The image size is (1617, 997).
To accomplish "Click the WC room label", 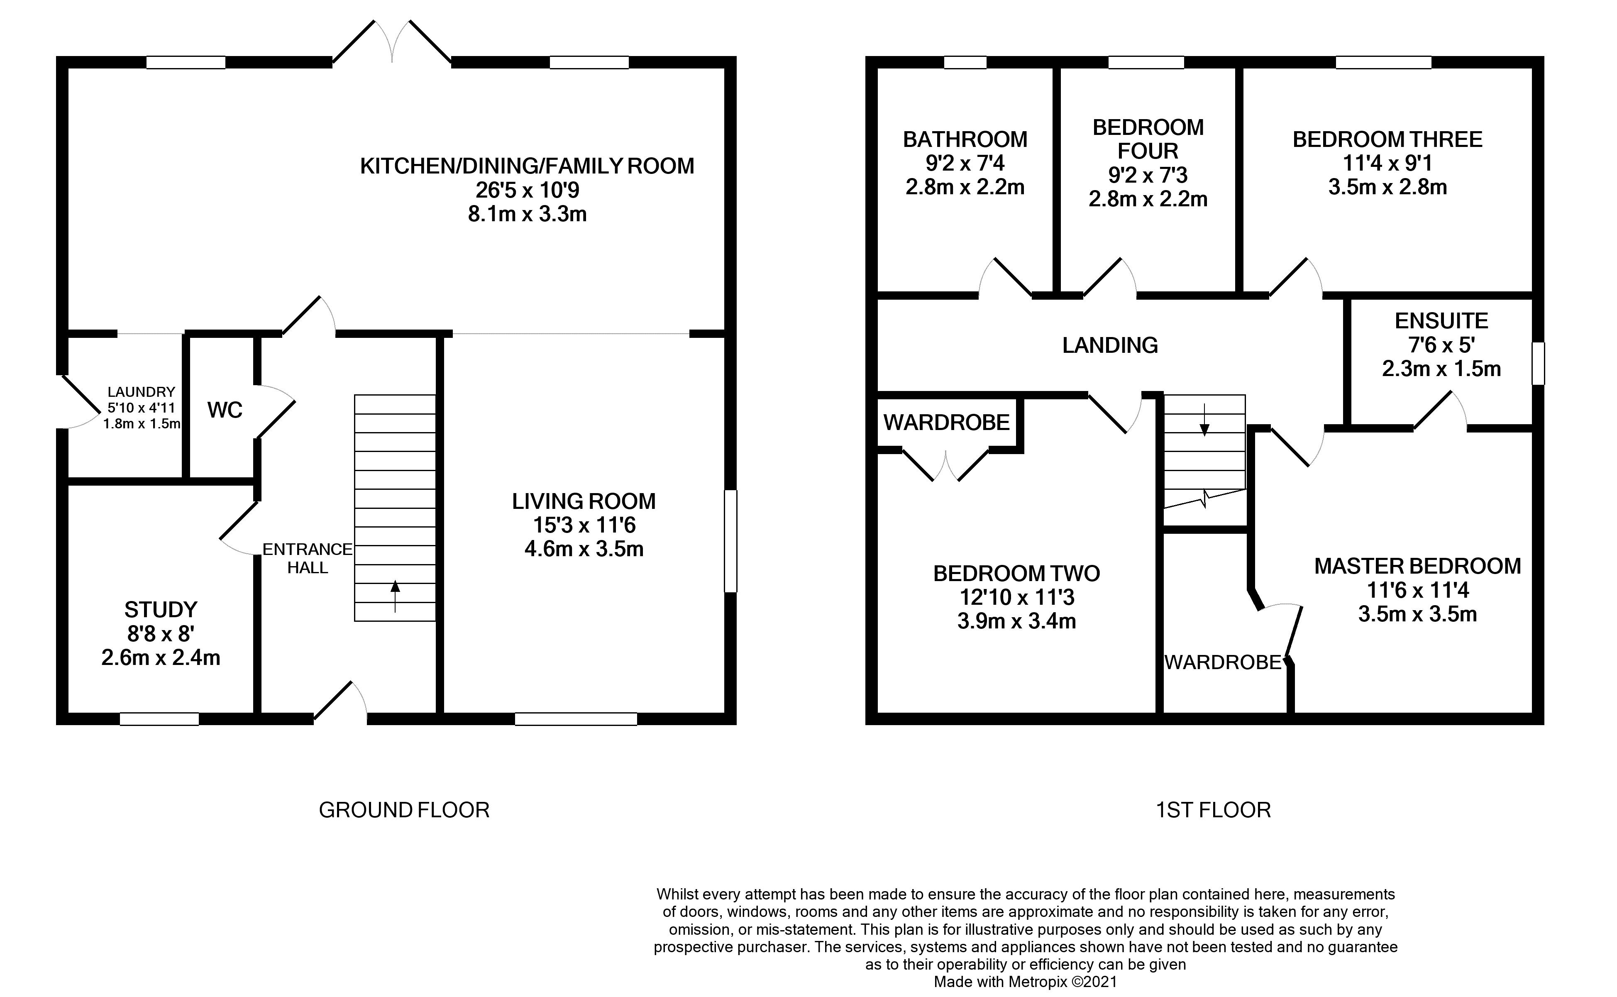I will coord(225,410).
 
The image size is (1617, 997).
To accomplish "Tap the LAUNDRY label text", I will coord(141,392).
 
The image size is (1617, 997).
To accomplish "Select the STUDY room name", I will coord(161,609).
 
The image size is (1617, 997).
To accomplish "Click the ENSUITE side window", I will coord(1537,363).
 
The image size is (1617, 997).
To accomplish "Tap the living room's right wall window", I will coord(730,541).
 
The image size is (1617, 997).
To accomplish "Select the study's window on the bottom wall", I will coord(159,719).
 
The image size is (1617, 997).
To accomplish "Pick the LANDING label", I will coord(1110,345).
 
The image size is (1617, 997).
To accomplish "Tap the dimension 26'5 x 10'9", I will coord(528,190).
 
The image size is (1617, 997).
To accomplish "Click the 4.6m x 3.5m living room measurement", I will coord(584,549).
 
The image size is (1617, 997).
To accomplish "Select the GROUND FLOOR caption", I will coord(404,810).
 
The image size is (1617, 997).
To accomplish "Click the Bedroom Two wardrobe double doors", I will coord(946,465).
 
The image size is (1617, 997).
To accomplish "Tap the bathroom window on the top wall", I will coord(965,63).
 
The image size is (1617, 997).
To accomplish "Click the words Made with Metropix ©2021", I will coord(1026,982).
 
